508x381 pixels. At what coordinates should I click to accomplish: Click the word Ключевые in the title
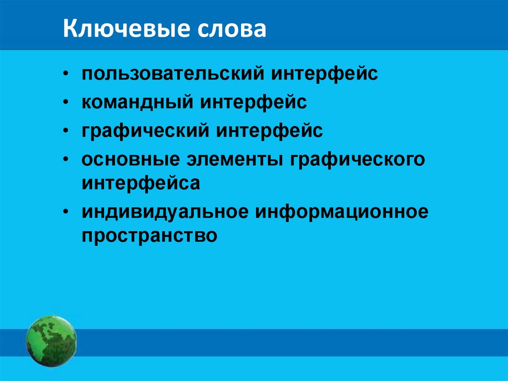pos(127,30)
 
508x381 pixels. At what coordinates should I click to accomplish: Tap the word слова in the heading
pos(233,30)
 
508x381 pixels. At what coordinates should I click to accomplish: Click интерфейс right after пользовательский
pos(324,75)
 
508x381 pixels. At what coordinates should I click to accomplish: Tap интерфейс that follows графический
pos(269,132)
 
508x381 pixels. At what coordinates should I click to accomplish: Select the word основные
pos(130,160)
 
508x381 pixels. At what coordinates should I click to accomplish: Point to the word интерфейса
pos(141,183)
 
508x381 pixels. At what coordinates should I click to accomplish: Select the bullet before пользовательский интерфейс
pos(66,75)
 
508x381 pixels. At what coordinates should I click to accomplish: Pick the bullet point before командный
pos(66,103)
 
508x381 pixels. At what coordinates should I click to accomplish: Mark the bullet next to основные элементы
pos(66,160)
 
